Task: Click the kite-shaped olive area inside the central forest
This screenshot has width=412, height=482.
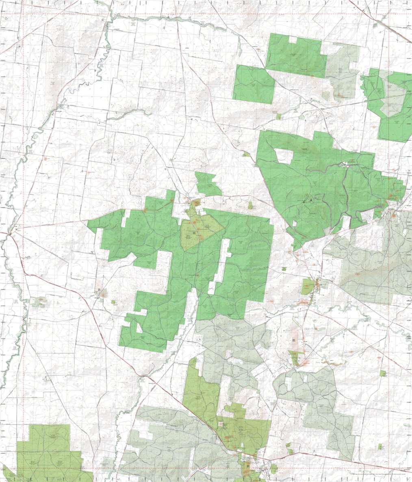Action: point(199,231)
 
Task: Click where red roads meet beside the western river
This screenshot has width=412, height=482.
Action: point(9,234)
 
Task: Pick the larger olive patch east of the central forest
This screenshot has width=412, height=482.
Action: point(307,286)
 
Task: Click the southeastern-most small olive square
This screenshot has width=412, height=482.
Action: point(380,446)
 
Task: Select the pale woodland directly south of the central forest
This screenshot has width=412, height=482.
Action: point(232,345)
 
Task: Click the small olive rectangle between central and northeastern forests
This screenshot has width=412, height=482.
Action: point(250,205)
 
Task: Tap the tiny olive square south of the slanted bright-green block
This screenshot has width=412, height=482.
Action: point(279,116)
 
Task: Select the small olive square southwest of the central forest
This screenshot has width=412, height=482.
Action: point(113,302)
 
